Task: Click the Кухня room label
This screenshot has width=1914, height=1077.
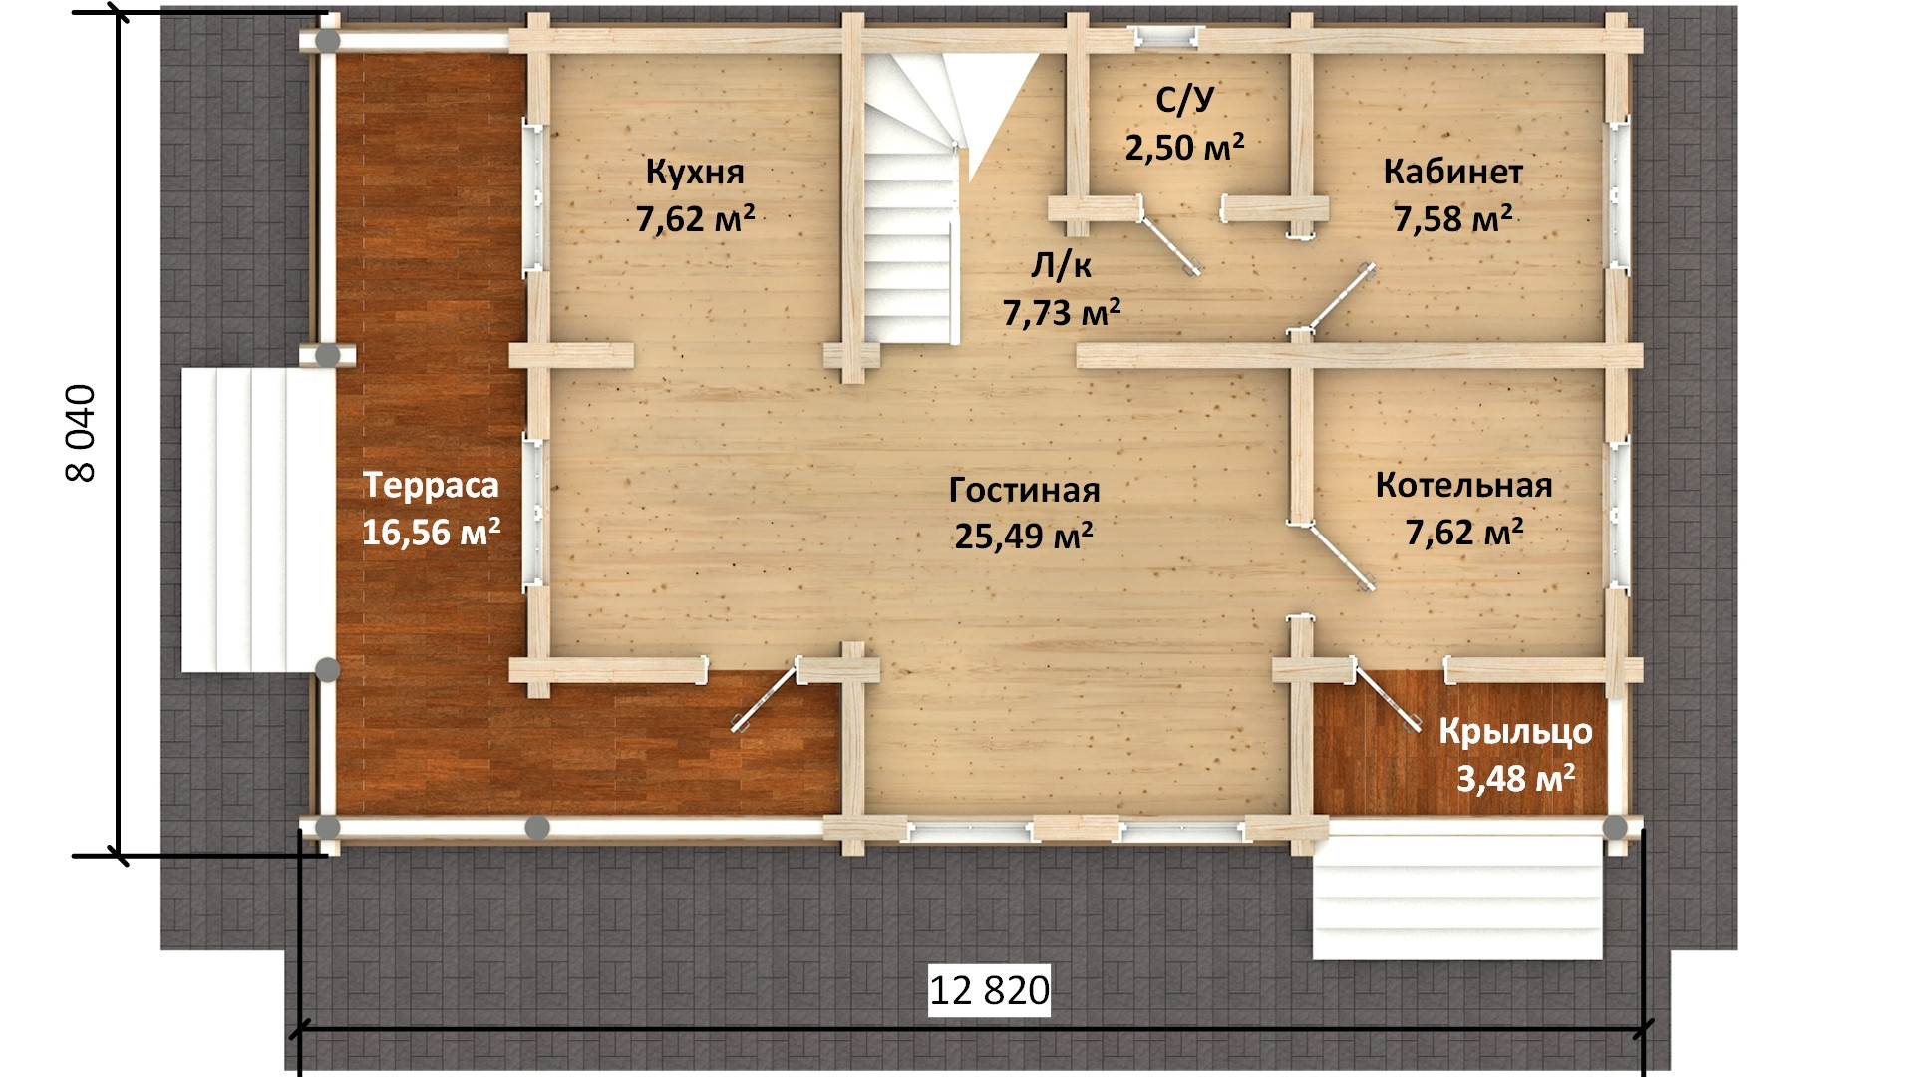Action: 695,172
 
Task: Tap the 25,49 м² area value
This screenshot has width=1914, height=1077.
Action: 1024,536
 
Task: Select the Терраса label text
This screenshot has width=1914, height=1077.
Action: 431,486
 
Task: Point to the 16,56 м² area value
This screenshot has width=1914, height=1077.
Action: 431,532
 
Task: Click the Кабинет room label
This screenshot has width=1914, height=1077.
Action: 1452,172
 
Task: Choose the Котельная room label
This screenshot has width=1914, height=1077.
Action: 1463,486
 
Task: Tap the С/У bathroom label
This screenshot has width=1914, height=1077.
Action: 1185,100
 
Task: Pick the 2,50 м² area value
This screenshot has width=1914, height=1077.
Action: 1184,147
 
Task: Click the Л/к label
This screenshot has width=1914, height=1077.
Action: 1061,265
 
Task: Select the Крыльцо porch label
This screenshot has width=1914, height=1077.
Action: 1515,732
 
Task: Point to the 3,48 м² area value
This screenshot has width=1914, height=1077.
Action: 1515,778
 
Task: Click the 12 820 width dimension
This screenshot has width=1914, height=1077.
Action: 989,990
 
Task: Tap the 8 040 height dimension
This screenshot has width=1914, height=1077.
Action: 81,433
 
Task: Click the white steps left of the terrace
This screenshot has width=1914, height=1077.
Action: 257,520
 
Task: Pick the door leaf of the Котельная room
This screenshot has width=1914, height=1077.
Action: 1340,556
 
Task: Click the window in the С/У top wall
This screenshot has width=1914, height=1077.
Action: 1164,37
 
